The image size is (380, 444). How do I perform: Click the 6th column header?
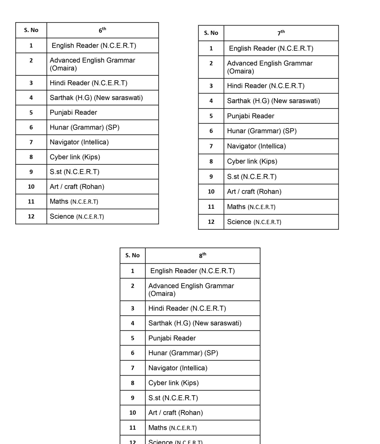pos(102,30)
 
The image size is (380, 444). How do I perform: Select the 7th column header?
pos(281,33)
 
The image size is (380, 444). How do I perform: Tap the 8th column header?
pos(202,255)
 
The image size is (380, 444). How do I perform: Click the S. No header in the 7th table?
pos(211,33)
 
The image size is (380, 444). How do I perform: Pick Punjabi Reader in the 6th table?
pos(73,112)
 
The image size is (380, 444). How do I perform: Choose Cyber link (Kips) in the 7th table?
pos(252,161)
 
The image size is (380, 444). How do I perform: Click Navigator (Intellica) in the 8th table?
pos(178,368)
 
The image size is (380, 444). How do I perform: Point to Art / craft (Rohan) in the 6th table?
pos(77,187)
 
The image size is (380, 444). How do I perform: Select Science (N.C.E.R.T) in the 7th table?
pos(254,222)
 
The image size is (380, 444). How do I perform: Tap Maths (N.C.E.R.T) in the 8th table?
pos(172,428)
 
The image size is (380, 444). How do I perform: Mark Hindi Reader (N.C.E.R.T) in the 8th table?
pos(187,308)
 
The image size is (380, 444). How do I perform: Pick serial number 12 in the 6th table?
pos(31,216)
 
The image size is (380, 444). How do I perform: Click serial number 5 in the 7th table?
pos(211,116)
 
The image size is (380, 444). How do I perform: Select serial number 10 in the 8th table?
pos(133,413)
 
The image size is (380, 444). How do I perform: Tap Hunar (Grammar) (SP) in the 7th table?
pos(262,131)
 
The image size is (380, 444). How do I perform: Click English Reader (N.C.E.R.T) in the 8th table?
pos(192,271)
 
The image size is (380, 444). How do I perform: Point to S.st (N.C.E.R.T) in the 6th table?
pos(75,172)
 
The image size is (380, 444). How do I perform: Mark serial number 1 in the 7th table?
pos(211,48)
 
